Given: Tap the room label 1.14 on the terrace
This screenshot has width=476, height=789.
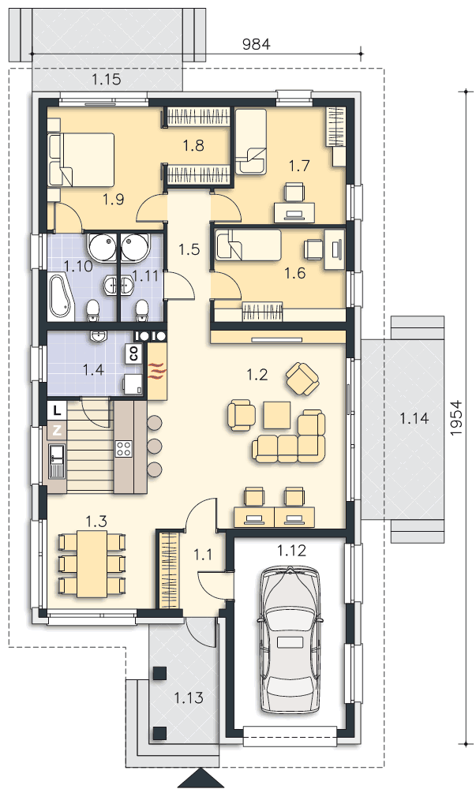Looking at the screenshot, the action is point(414,417).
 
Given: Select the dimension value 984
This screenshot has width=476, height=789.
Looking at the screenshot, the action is point(256,44).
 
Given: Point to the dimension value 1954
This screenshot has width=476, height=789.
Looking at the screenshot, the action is point(456,417).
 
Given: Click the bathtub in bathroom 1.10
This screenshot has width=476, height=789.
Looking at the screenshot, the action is point(61,297).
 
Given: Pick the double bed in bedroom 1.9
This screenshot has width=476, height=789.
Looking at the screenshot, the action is point(81,158).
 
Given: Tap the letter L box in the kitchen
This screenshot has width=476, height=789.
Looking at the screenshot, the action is point(58,410).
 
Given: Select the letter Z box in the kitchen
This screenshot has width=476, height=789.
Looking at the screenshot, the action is point(58,430).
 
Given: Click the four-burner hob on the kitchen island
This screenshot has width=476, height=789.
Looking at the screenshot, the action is point(124,448).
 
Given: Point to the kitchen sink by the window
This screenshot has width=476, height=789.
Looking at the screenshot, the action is point(56,461).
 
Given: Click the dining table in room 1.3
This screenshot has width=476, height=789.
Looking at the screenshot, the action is point(92,564).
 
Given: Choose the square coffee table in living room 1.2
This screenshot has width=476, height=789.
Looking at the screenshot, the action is point(277,415).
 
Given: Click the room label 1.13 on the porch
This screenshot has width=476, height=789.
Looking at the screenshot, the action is point(189,697).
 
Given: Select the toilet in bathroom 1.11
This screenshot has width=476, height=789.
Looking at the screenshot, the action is point(142,310).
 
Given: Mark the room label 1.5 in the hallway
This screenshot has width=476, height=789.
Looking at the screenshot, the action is point(189,249).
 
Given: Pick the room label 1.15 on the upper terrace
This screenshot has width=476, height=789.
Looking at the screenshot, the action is point(106,79).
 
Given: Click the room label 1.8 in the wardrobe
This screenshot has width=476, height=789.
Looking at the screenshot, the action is point(193,145).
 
